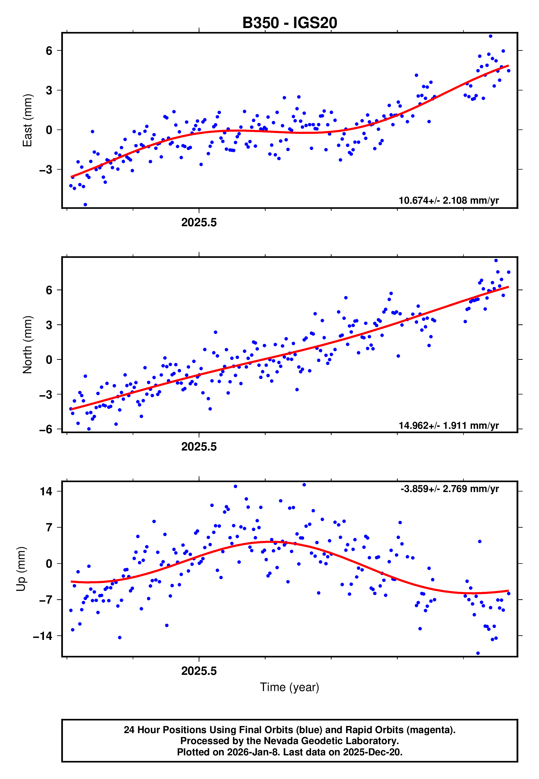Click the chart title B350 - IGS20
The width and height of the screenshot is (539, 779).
(x=290, y=23)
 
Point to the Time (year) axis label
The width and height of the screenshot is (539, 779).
(x=290, y=687)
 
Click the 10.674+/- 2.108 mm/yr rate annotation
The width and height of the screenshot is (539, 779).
(x=449, y=200)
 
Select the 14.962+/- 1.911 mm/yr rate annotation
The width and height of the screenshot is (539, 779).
(x=449, y=425)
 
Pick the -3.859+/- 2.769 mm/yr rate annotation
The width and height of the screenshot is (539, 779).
(x=449, y=489)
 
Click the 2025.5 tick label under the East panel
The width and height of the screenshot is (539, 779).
(x=199, y=223)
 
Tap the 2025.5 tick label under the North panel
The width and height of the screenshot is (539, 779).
(x=199, y=447)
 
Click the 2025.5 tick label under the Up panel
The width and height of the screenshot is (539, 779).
(x=199, y=671)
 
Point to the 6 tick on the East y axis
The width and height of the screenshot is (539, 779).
(x=49, y=51)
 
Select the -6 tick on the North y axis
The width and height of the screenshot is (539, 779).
(x=46, y=429)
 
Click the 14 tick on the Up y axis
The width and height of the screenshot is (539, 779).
(x=46, y=491)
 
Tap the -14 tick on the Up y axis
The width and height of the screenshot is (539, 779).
(x=43, y=636)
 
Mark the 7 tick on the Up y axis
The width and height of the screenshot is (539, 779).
(x=49, y=528)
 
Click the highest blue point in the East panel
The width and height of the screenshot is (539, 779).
(x=490, y=36)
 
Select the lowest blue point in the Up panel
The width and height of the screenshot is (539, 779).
(x=478, y=653)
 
